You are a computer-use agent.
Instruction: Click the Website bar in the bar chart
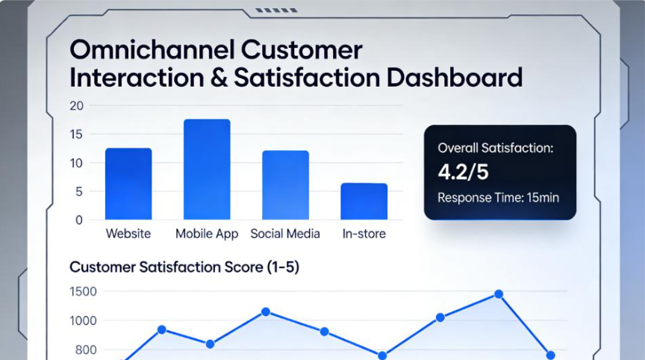128,184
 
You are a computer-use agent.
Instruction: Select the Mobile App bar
207,169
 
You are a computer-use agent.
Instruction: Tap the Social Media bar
285,184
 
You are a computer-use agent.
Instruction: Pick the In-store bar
364,201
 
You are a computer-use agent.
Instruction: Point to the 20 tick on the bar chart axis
76,106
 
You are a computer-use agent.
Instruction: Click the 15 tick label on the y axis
76,134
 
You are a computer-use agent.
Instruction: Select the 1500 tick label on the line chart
83,292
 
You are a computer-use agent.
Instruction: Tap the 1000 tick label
83,321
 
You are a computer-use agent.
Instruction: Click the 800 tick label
86,350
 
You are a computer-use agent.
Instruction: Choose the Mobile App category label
207,234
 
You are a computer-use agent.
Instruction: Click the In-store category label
364,234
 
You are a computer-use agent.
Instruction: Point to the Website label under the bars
128,234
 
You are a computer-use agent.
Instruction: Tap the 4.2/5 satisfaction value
463,172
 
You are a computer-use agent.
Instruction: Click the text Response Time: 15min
498,198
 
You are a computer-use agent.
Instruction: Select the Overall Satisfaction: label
496,148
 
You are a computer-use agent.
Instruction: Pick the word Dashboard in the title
455,78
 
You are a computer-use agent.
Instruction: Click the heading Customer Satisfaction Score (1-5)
184,267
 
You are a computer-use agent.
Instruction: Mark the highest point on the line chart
499,294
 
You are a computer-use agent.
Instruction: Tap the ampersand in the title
219,78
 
